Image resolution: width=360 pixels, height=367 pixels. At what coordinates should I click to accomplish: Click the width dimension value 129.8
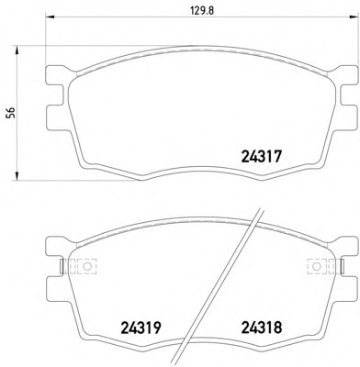[x=202, y=11]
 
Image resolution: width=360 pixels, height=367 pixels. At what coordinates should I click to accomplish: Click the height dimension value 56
[x=12, y=113]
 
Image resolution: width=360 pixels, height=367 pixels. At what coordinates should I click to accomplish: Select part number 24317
[x=261, y=157]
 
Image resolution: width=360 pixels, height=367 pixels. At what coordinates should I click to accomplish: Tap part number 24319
[x=141, y=328]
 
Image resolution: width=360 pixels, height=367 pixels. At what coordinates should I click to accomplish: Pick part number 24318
[x=262, y=328]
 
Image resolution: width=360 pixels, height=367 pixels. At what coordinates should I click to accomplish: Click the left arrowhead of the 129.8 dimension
[x=50, y=17]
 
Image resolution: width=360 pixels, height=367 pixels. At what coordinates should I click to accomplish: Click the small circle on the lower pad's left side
[x=87, y=266]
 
